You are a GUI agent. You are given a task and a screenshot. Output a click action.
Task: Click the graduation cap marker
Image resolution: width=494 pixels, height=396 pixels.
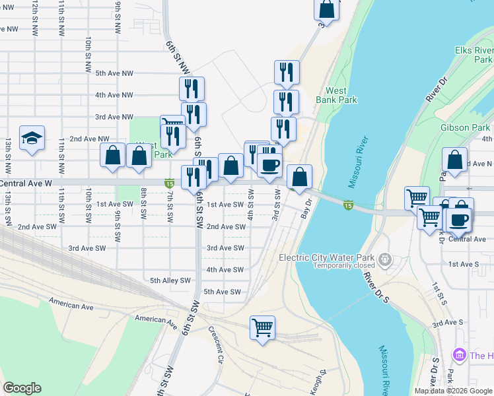click(32, 139)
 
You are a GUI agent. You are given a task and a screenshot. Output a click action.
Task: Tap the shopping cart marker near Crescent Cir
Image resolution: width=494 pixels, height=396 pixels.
click(262, 327)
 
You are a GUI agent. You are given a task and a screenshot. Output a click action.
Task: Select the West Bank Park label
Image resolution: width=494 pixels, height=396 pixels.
click(341, 95)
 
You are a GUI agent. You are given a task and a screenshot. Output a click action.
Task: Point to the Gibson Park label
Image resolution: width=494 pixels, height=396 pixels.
click(466, 127)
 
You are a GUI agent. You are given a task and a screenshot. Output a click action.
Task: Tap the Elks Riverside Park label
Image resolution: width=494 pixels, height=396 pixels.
click(474, 55)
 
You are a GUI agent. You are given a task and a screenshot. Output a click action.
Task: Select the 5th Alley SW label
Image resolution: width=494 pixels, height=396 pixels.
click(170, 280)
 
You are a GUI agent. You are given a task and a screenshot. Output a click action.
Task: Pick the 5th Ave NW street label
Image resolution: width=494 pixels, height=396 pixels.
click(114, 73)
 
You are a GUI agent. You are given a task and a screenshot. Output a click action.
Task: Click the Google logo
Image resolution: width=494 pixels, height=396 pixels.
click(22, 388)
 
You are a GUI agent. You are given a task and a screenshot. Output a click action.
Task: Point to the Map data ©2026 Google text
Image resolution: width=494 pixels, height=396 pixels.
click(453, 391)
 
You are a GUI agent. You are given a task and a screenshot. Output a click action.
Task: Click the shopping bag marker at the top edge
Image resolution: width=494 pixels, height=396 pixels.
click(326, 9)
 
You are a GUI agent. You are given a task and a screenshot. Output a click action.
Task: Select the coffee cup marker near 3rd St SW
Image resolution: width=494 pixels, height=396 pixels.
click(269, 165)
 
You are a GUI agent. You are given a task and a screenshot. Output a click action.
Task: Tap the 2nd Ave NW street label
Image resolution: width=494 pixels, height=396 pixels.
click(89, 139)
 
